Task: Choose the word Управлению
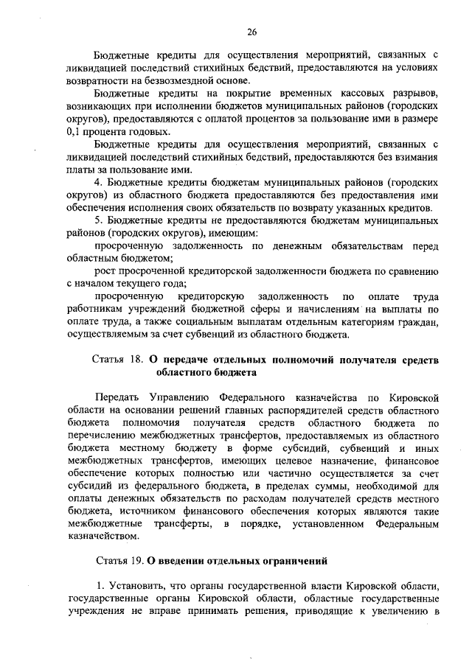[184, 399]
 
